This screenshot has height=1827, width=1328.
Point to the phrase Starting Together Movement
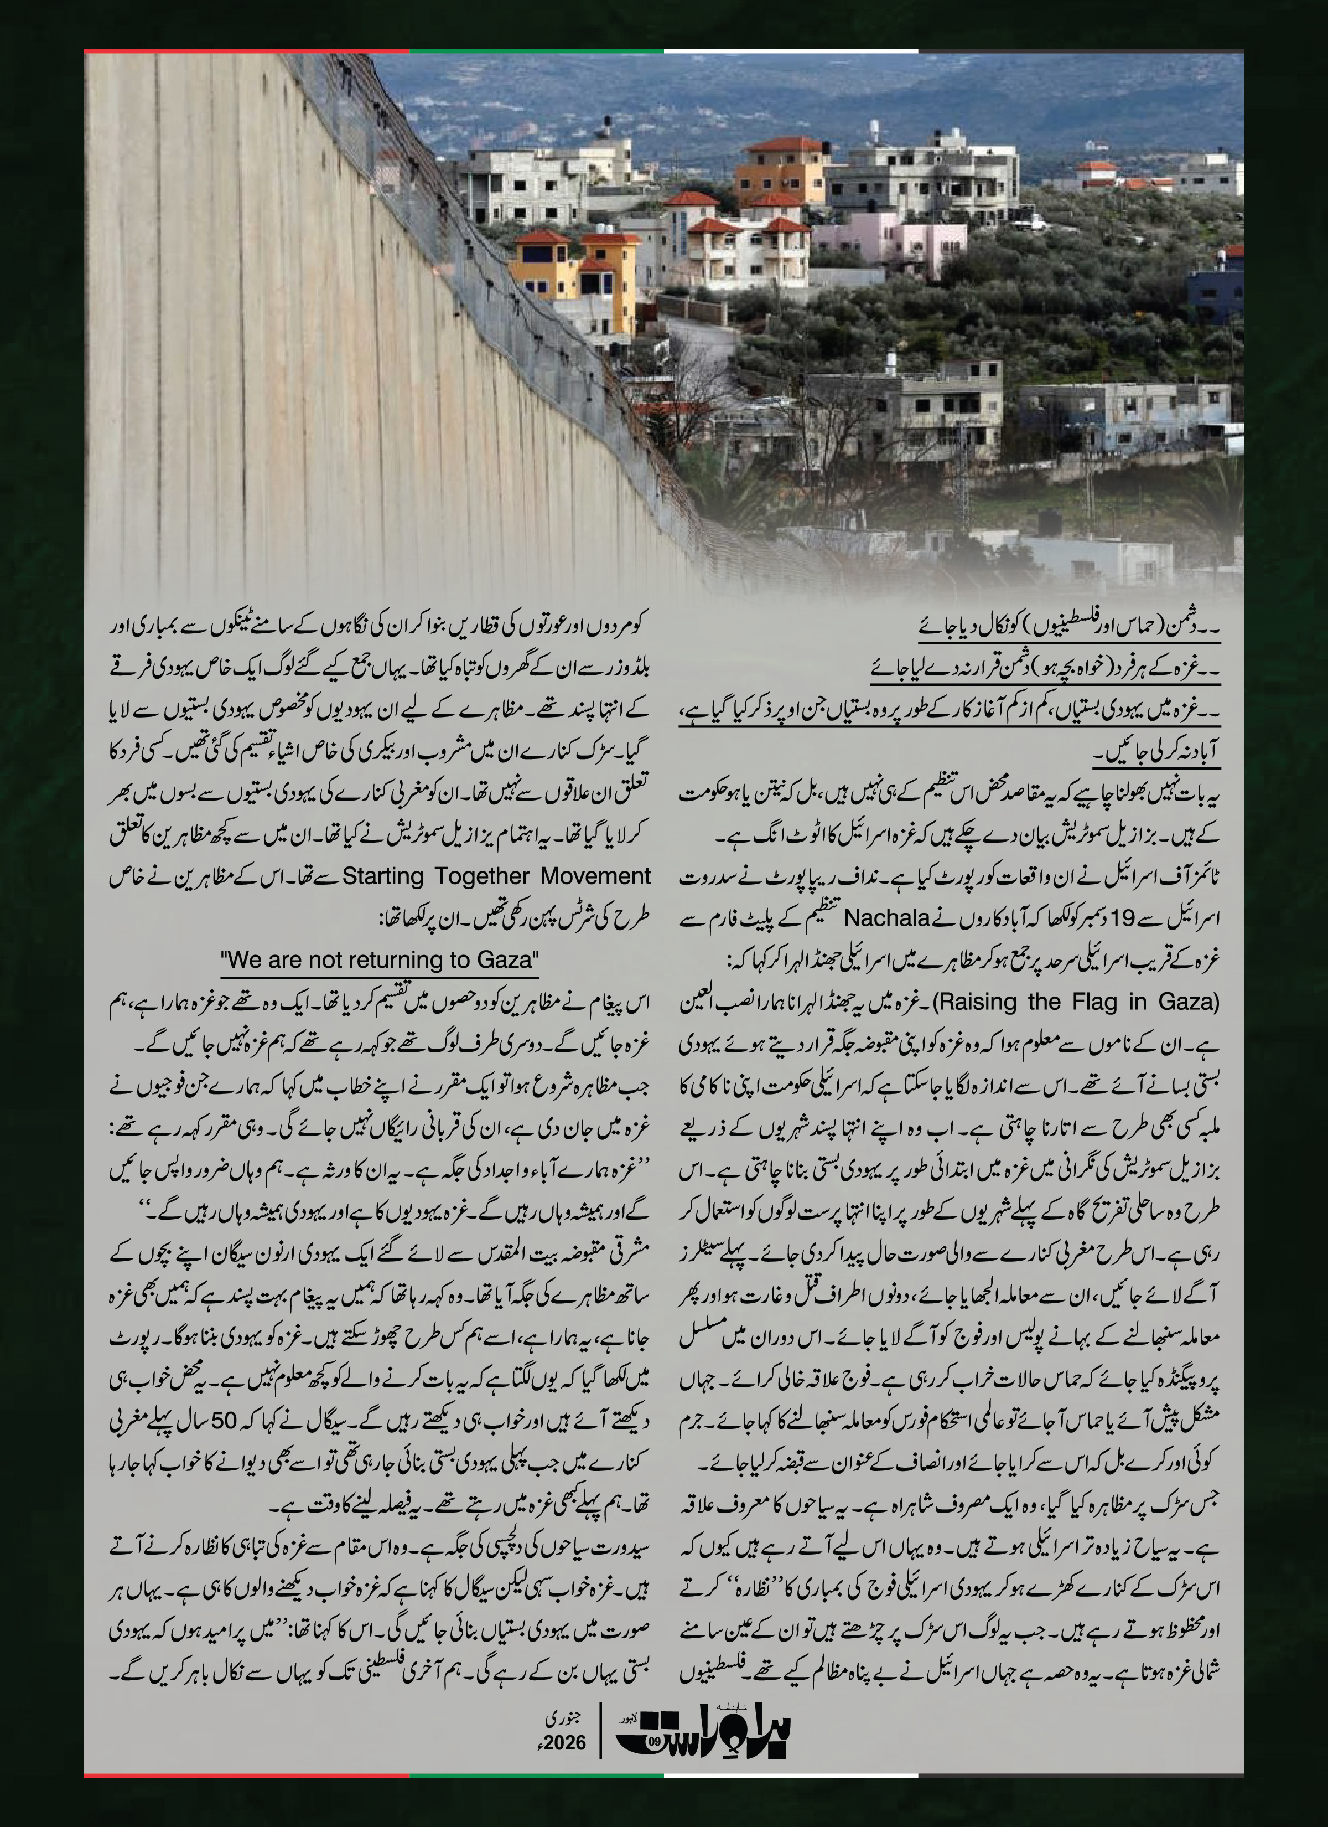click(497, 876)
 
